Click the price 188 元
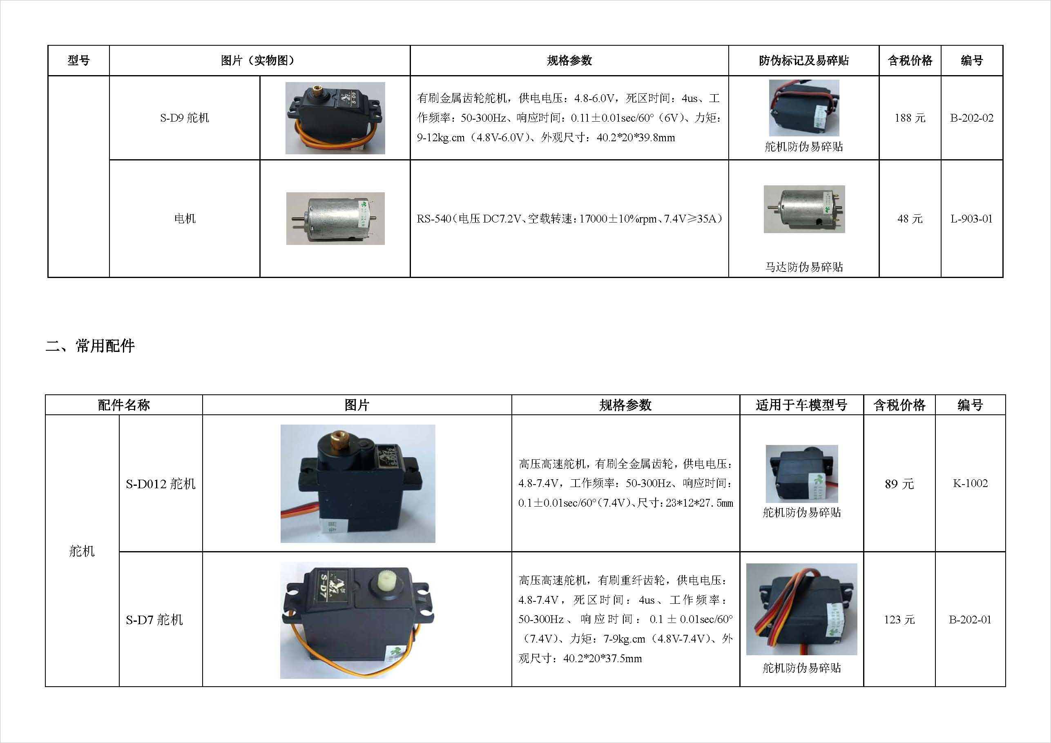coord(910,118)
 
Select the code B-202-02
coord(972,118)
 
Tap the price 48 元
coord(910,219)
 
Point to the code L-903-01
coord(971,219)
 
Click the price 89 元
coord(899,484)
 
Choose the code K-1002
coord(970,484)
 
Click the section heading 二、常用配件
coord(90,346)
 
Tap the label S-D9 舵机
coord(185,118)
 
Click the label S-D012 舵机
coord(161,484)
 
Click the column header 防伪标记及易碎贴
coord(803,60)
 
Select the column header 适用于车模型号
coord(801,405)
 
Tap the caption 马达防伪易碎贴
coord(804,267)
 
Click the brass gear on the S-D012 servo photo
coord(338,441)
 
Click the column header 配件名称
coord(124,405)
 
